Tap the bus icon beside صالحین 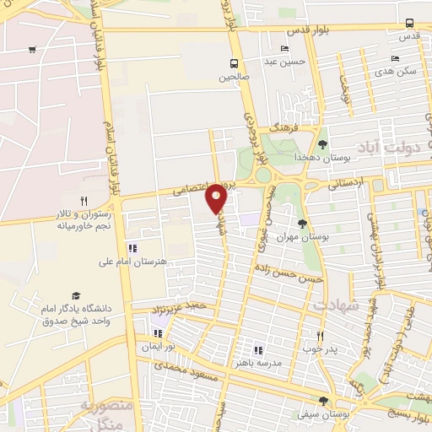pyautogui.click(x=235, y=63)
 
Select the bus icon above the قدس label pyautogui.click(x=409, y=23)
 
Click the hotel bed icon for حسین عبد pyautogui.click(x=283, y=48)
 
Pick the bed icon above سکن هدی pyautogui.click(x=394, y=58)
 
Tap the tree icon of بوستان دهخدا pyautogui.click(x=321, y=144)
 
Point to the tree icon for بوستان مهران pyautogui.click(x=303, y=224)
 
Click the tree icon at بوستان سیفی pyautogui.click(x=322, y=402)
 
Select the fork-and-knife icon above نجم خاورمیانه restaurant pyautogui.click(x=83, y=201)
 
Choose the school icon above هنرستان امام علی pyautogui.click(x=132, y=248)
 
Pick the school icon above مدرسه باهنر pyautogui.click(x=258, y=349)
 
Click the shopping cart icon pyautogui.click(x=31, y=49)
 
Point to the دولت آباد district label pyautogui.click(x=395, y=148)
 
